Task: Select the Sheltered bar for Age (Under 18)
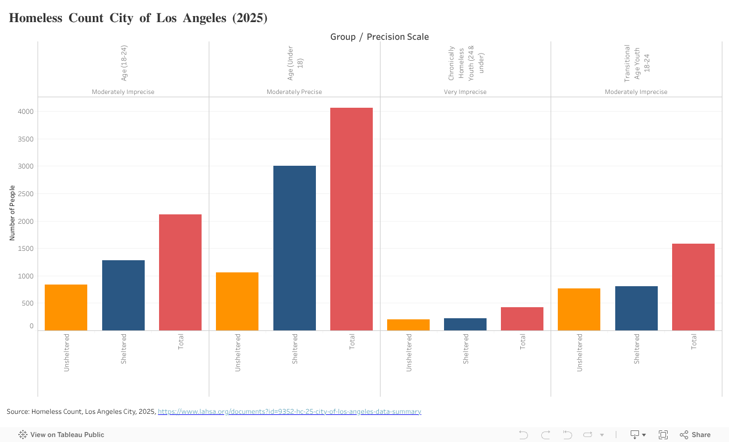tap(294, 248)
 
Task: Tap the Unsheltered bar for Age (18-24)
tap(66, 307)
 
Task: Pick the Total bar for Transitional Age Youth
tap(693, 287)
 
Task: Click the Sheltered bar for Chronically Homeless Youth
tap(465, 324)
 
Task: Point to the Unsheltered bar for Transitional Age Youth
tap(579, 309)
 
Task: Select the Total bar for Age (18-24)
tap(180, 272)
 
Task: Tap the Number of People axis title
tap(12, 213)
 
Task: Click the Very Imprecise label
tap(465, 92)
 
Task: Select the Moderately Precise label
tap(294, 92)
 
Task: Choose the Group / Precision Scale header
tap(379, 36)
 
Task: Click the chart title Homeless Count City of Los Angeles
tap(138, 18)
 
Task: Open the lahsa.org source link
tap(289, 412)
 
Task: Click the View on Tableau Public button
tap(61, 435)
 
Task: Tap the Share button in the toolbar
tap(695, 435)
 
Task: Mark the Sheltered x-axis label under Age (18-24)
tap(123, 349)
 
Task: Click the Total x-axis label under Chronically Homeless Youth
tap(522, 342)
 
